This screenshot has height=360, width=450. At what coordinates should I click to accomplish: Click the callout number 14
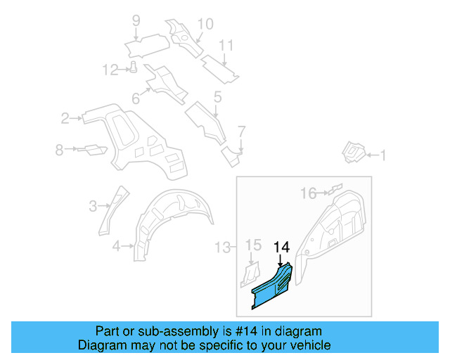281,247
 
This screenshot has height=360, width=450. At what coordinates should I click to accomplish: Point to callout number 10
205,25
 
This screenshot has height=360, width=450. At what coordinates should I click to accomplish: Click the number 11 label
225,46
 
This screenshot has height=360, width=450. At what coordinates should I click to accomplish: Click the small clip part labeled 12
132,67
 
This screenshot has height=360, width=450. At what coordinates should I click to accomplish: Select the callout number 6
136,98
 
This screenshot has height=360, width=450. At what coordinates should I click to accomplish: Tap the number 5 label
217,96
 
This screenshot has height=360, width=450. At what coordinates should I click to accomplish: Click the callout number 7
241,131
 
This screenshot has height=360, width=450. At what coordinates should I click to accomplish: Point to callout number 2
65,118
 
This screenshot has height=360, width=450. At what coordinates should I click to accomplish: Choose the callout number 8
60,149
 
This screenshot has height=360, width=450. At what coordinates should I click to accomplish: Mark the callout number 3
93,206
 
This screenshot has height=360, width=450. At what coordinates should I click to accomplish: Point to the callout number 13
223,247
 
